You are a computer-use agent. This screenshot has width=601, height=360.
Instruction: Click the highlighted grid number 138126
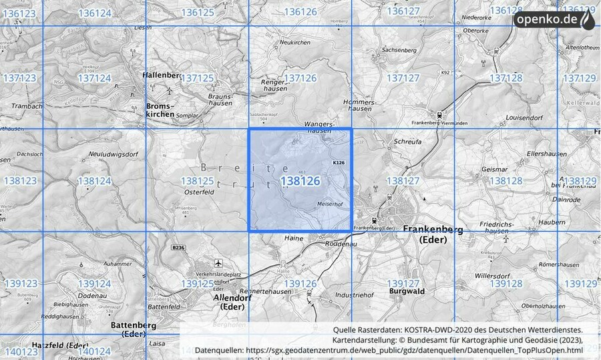pyautogui.click(x=300, y=181)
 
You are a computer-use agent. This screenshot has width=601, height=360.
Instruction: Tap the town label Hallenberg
pyautogui.click(x=162, y=75)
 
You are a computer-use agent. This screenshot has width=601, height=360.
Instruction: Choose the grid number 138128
pyautogui.click(x=506, y=181)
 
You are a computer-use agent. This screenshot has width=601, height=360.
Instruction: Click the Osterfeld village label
pyautogui.click(x=199, y=190)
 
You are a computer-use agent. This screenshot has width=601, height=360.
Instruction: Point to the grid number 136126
pyautogui.click(x=300, y=12)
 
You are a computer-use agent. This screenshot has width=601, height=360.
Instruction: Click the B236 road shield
pyautogui.click(x=177, y=248)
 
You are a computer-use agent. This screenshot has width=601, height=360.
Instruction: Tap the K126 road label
pyautogui.click(x=339, y=162)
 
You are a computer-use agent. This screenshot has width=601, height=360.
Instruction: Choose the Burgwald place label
pyautogui.click(x=406, y=292)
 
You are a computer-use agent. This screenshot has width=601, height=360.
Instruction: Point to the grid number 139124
pyautogui.click(x=94, y=284)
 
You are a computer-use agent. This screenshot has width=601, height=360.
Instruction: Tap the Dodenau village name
pyautogui.click(x=93, y=295)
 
